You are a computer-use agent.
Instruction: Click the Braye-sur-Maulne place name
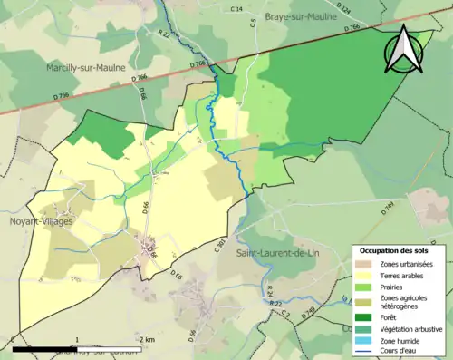[x=303, y=16]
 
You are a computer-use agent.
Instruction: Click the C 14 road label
[x=237, y=9]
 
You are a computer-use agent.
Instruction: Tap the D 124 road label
[x=343, y=11]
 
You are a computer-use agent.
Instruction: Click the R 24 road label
[x=269, y=291]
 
